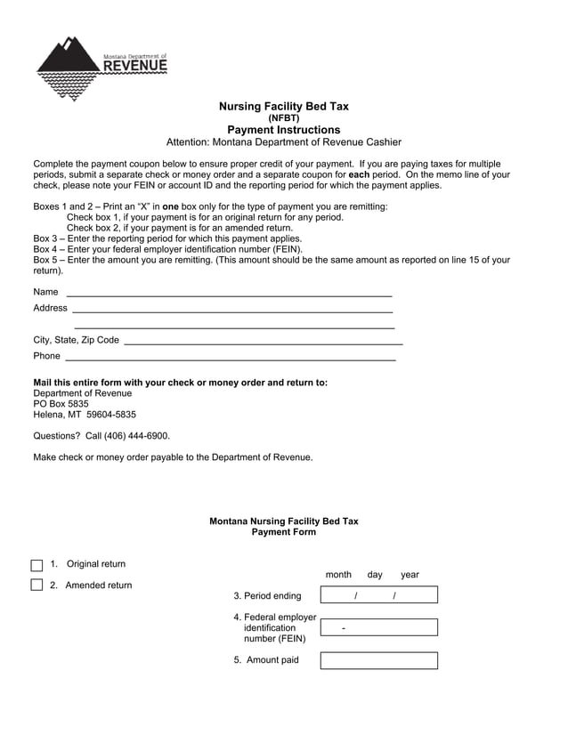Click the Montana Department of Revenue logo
coord(100,67)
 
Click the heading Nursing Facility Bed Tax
coord(283,106)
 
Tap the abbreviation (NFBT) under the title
coord(283,117)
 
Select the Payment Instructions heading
coord(283,130)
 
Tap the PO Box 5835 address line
coord(61,404)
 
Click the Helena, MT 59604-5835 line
coord(85,415)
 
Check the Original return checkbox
coord(37,565)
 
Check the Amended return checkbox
coord(37,585)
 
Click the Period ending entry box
coord(378,595)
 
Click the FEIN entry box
coord(378,627)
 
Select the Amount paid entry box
coord(378,660)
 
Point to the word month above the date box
coord(338,575)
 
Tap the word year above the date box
coord(410,575)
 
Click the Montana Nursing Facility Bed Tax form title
coord(283,521)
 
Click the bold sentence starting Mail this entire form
coord(180,383)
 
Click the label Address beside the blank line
coord(50,308)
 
